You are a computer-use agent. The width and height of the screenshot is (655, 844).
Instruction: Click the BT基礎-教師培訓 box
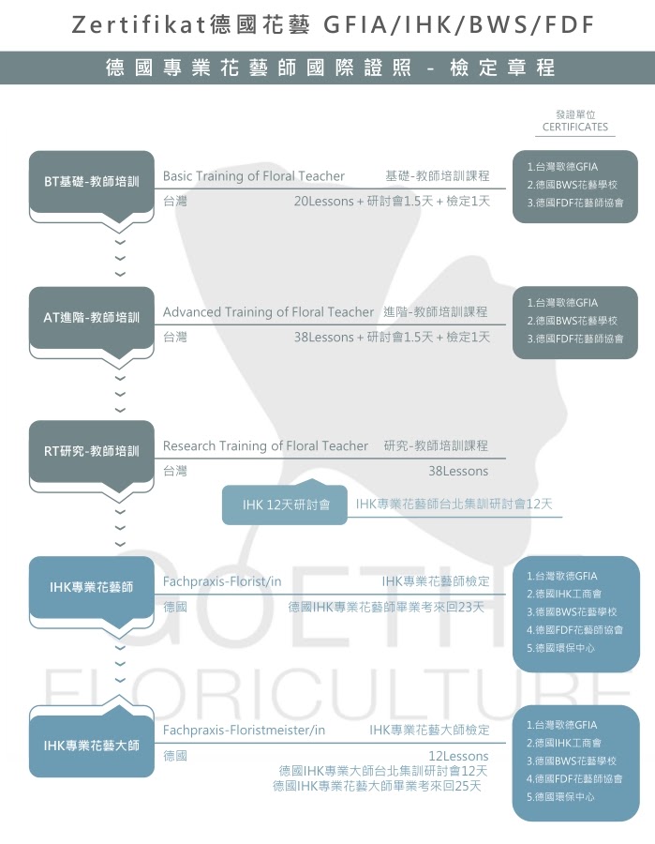[91, 181]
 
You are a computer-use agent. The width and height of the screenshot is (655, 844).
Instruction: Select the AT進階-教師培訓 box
[91, 318]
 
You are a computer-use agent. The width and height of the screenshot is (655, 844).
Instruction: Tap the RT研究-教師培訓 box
[91, 452]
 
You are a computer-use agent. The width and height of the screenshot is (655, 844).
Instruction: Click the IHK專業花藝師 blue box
[91, 588]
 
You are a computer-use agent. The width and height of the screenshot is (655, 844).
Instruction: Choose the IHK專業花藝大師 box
[91, 746]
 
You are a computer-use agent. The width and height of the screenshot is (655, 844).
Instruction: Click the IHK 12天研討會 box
[285, 505]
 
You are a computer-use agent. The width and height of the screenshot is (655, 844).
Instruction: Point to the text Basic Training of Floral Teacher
[253, 176]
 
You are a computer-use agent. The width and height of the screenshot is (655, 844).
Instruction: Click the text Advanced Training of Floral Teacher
[268, 312]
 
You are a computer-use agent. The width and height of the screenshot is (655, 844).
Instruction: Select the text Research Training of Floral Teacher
[265, 446]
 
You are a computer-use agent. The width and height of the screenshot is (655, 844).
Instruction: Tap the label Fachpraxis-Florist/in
[222, 581]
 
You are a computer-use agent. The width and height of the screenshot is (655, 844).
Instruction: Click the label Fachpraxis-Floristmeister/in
[244, 730]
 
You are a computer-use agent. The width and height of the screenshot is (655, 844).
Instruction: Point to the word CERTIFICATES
[574, 127]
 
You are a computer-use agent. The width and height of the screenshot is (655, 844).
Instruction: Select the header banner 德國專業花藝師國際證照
[327, 68]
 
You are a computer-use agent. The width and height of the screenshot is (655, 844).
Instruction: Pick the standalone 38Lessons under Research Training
[458, 472]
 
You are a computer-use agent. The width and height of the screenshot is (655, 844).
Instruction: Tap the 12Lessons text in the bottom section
[458, 756]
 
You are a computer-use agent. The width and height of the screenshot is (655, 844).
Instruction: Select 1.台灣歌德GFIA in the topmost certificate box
[561, 167]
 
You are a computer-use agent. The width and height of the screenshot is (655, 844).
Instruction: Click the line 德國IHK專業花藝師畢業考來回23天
[386, 607]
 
